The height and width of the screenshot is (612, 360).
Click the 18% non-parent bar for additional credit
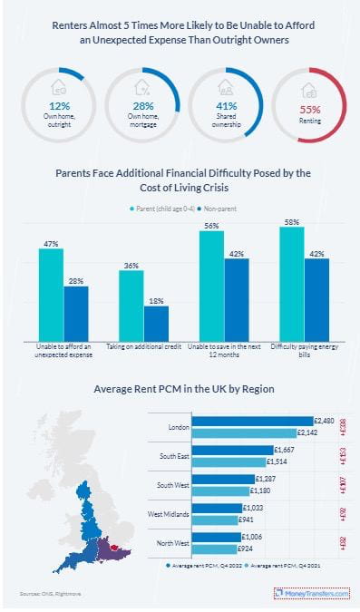(x=156, y=322)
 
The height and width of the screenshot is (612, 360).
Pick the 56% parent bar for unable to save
(x=211, y=285)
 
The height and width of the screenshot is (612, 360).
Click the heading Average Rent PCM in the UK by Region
(x=184, y=389)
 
